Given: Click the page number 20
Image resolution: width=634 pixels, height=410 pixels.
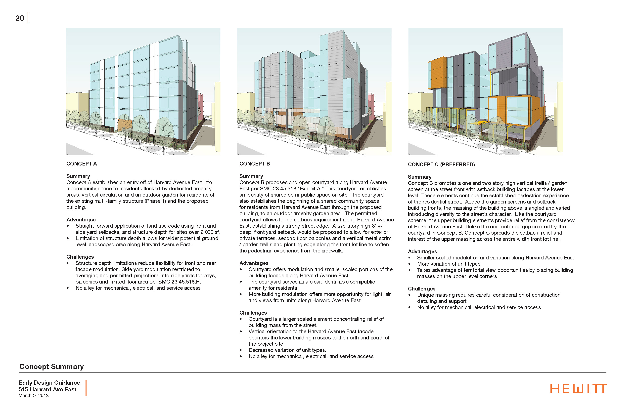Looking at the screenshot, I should tap(20, 18).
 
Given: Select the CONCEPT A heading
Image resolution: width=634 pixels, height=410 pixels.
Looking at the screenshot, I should tap(82, 164).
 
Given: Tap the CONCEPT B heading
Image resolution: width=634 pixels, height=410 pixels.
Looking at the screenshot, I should tap(254, 164).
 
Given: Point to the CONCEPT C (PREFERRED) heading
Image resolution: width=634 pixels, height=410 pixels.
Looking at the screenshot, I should tap(441, 164).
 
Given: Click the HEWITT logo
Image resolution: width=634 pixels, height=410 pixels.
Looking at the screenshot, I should tap(578, 388).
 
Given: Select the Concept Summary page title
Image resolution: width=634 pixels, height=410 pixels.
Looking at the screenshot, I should tap(51, 367).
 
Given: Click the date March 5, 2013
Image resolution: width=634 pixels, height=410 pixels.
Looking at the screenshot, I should tap(34, 396).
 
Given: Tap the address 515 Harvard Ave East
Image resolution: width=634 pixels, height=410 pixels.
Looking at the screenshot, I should tap(47, 389).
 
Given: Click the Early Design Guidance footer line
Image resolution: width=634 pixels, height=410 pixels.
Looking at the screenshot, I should tap(49, 383).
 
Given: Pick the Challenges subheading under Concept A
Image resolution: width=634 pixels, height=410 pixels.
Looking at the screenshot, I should tap(80, 257).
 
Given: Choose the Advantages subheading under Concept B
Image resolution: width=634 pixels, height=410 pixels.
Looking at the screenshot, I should tap(254, 263).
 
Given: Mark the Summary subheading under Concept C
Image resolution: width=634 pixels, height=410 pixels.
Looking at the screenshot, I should tap(420, 177).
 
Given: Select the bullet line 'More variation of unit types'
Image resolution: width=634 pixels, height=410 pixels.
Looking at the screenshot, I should tap(449, 264).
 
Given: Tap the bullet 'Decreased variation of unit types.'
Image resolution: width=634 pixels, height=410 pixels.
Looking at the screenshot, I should tap(287, 350).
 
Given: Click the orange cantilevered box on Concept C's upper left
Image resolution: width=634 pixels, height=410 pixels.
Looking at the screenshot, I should tap(437, 72).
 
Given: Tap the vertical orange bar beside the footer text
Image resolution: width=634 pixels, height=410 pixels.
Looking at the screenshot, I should tap(86, 388).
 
